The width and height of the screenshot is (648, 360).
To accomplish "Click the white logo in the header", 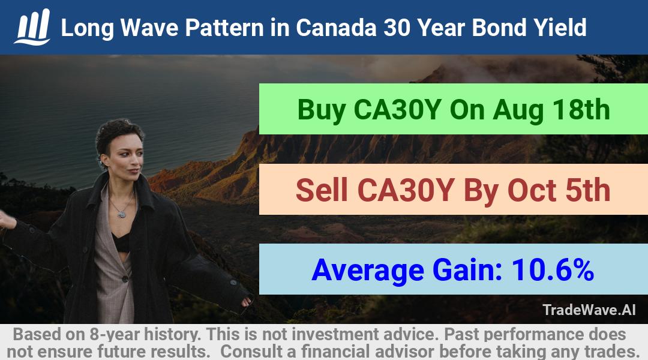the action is coord(32,27).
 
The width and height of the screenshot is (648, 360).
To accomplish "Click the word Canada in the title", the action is coord(335,28).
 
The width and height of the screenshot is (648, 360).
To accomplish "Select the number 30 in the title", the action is coord(396,28).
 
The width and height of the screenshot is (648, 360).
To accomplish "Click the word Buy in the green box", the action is coord(322,110).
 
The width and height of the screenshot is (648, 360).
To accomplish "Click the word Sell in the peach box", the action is coord(322,190).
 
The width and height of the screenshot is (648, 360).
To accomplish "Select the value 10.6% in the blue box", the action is coord(553,270).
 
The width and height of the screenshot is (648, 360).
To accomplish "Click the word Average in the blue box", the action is coord(368,271).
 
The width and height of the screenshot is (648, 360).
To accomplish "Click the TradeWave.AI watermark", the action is coord(589,310).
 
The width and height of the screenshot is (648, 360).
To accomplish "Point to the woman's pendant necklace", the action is coord(121,214).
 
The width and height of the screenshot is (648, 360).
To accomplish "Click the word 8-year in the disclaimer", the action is coord(115,335).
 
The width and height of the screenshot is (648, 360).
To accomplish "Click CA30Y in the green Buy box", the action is coord(397,110).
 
